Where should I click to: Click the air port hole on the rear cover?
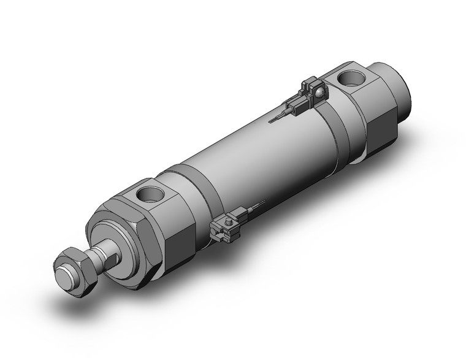351,78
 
